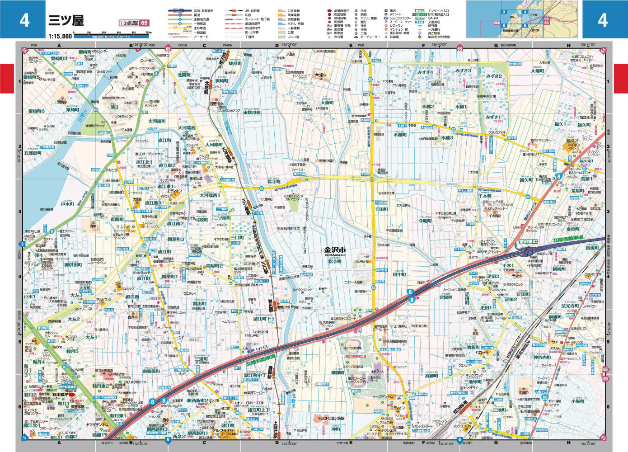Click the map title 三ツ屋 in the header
point(66,21)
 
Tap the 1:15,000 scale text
point(60,36)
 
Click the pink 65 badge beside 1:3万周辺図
point(144,23)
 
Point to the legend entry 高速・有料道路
point(203,10)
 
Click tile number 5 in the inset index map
point(504,26)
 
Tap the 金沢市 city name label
point(335,250)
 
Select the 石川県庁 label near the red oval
point(60,394)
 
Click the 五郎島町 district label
point(33,153)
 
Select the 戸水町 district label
point(67,204)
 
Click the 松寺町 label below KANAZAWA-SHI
point(335,261)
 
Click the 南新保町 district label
point(151,371)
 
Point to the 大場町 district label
point(537,71)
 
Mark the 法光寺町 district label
point(570,306)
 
